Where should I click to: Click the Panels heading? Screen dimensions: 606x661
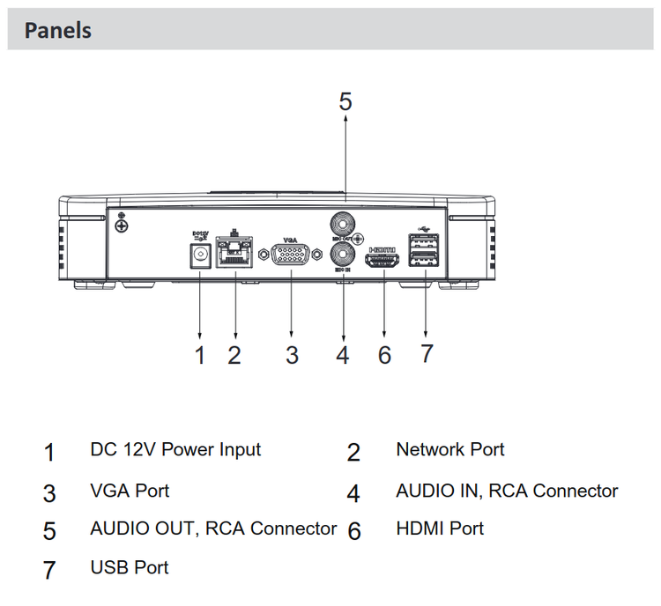point(57,31)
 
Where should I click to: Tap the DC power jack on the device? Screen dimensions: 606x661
point(200,255)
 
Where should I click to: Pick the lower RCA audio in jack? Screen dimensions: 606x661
point(341,255)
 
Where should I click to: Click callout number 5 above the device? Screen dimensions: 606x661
point(345,102)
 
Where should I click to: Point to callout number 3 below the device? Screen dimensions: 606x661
point(292,355)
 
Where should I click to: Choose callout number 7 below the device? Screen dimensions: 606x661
point(427,354)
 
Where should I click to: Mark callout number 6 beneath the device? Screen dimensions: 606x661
point(384,355)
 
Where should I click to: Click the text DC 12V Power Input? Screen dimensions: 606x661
point(175,449)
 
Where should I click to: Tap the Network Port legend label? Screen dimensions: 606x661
point(449,449)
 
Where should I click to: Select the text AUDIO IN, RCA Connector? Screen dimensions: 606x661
point(507,491)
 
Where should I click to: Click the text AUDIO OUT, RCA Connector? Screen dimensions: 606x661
point(213,528)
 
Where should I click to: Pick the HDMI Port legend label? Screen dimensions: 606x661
point(440,528)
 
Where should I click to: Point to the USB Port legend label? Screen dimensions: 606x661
point(130,567)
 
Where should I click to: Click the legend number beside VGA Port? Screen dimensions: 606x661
point(49,492)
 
